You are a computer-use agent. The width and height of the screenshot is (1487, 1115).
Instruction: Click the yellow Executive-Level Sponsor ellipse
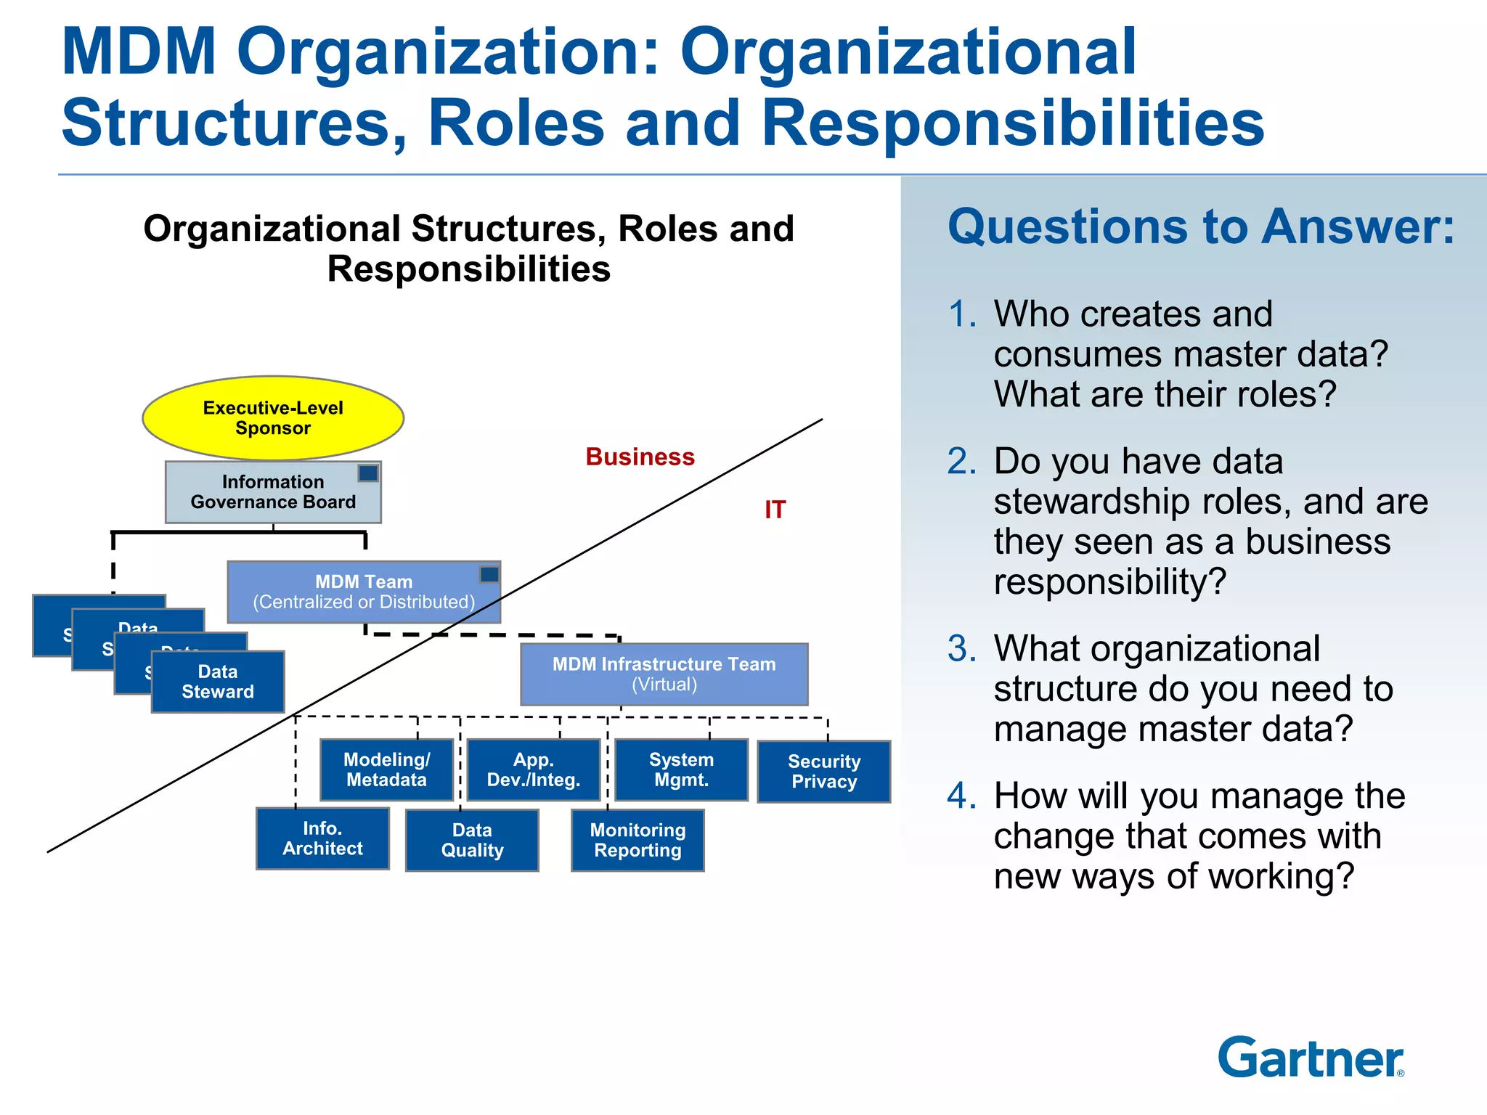273,418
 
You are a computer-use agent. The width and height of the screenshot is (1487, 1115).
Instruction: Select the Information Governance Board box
273,493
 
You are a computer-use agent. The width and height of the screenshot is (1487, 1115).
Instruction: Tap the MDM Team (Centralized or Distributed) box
363,592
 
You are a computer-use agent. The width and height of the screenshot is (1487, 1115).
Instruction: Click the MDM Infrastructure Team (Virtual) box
664,674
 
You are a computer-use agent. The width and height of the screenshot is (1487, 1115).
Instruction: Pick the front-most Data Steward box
218,682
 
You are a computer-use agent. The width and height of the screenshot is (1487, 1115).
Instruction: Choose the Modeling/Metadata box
386,770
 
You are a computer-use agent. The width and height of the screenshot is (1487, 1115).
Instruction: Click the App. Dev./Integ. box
534,770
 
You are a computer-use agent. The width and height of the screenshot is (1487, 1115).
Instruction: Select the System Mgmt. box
681,770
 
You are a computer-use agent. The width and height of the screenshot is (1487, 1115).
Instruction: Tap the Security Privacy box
824,772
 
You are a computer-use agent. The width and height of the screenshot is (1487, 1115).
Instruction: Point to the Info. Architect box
322,839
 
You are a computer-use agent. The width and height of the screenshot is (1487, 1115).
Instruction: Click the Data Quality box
472,841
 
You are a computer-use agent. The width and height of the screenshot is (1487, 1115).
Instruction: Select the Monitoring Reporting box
637,841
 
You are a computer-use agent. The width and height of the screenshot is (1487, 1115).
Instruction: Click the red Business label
640,457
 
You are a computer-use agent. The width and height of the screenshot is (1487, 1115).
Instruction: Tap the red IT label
775,510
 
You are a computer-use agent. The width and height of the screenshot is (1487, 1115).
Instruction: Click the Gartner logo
1311,1058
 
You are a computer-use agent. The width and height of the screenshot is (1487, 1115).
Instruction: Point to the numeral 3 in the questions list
961,649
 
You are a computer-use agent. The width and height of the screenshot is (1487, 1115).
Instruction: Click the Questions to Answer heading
1201,227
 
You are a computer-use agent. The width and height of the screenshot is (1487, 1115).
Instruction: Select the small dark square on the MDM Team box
489,575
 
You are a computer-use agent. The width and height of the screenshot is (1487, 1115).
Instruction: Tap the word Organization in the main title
447,52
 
